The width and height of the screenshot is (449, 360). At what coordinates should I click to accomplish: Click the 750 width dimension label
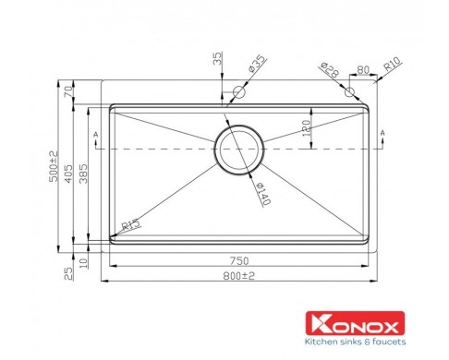239,260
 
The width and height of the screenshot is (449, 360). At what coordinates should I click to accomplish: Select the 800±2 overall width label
239,276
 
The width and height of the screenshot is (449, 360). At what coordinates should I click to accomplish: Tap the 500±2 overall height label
54,166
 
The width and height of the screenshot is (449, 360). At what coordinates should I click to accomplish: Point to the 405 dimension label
68,174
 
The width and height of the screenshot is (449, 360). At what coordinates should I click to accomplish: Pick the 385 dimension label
83,174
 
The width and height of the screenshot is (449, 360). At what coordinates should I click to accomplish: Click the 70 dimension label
68,91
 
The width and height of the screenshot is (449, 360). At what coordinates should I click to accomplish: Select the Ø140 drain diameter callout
263,194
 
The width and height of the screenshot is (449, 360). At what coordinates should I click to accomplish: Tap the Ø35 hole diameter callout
257,64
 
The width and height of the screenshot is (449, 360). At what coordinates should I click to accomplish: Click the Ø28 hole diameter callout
330,70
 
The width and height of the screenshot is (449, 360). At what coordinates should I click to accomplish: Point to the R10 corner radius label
393,64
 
